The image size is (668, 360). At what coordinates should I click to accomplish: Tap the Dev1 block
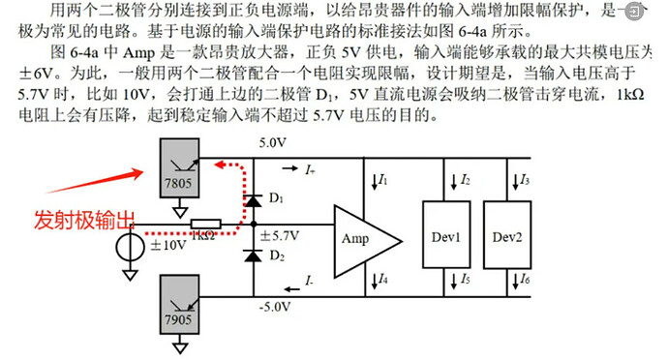tap(445, 237)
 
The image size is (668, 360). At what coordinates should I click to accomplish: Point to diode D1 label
tap(276, 198)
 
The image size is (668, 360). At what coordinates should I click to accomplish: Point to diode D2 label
tap(276, 256)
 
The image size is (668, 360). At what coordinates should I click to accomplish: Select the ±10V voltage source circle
tap(128, 246)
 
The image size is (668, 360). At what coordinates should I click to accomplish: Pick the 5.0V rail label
tap(274, 142)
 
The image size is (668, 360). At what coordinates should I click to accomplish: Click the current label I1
tap(381, 180)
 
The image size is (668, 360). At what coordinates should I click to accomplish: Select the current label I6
tap(524, 281)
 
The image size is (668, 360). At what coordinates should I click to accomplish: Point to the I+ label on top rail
tap(309, 170)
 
